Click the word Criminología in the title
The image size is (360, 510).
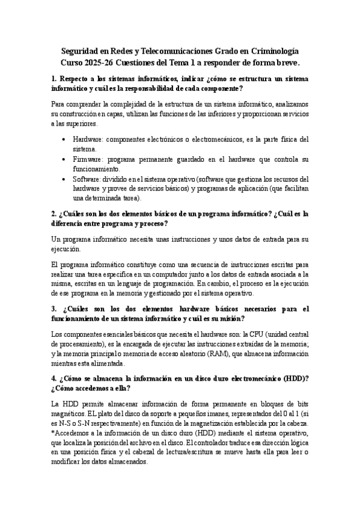[x=267, y=52]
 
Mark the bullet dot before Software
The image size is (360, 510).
[x=66, y=179]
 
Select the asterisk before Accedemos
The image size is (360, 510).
[x=53, y=434]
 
